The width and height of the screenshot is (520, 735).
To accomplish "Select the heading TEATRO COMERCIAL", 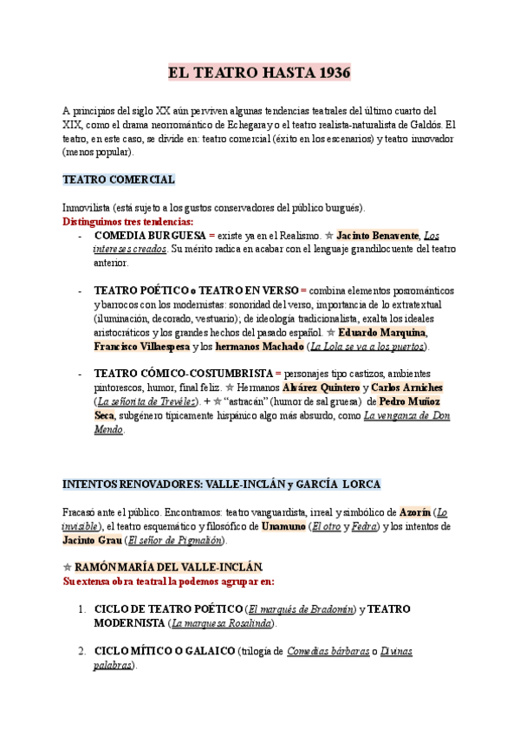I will [x=119, y=179].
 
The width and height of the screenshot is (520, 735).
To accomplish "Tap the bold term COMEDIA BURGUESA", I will [x=149, y=235].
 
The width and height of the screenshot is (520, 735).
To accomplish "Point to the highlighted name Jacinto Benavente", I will [x=377, y=235].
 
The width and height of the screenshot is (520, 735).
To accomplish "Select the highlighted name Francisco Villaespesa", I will [x=141, y=346].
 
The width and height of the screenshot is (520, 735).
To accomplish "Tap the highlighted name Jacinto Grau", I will [x=92, y=540].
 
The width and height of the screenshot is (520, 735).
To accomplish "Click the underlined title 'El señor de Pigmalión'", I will [x=174, y=540].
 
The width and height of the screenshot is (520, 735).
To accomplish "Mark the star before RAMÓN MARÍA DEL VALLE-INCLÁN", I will [x=68, y=567].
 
